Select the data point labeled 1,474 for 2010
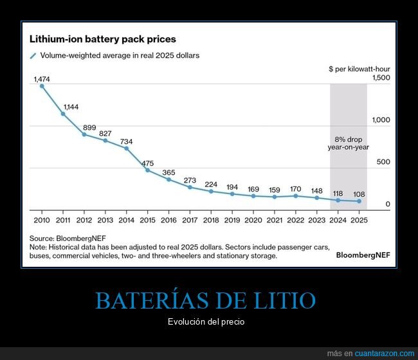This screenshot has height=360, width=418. pos(42,85)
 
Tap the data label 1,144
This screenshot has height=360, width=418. pos(71,107)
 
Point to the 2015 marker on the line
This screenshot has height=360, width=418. pos(147,170)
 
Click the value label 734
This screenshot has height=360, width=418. pos(126,141)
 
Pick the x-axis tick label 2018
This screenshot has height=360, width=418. pos(211,220)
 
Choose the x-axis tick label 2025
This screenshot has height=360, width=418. pos(359,220)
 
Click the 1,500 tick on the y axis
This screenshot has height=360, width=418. pos(381,78)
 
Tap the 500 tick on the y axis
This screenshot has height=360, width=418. pos(383,162)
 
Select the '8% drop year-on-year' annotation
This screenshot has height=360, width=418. pos(348,143)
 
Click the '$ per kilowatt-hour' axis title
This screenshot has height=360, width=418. pos(359,69)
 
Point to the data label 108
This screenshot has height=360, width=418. pos(359,194)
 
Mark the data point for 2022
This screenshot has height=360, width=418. pos(295,195)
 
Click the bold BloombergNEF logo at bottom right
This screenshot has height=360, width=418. pos(363,255)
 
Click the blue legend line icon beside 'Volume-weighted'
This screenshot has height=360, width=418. pos(33,56)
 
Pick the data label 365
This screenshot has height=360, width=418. pos(168,172)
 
